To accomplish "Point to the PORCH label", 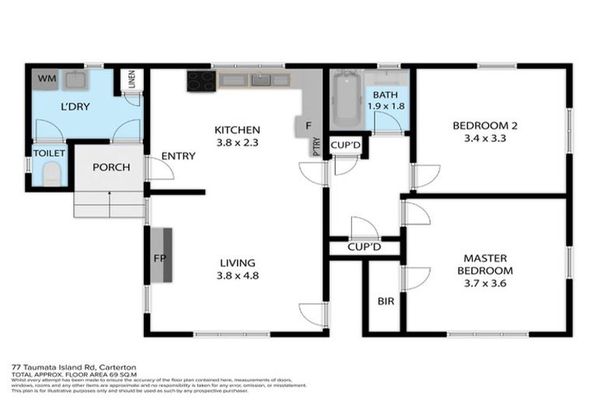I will coord(110,167).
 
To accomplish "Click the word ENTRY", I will coord(178,156).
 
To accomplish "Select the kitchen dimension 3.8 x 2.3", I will coord(237,143).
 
